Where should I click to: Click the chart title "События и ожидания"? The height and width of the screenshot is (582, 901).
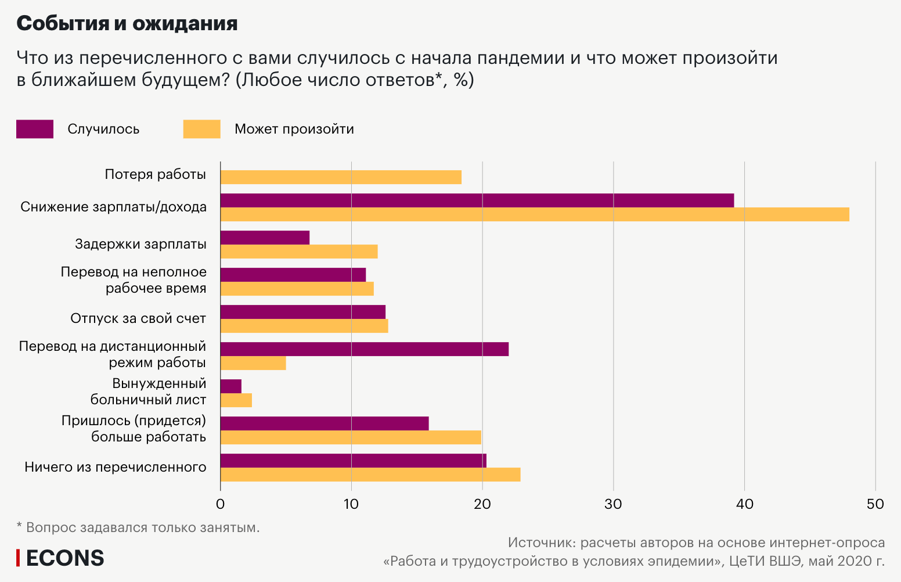pyautogui.click(x=127, y=24)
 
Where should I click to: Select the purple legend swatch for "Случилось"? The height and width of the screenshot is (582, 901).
pyautogui.click(x=35, y=129)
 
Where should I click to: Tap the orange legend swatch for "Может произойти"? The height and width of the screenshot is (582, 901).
pyautogui.click(x=201, y=129)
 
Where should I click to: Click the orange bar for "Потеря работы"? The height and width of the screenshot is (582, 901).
pyautogui.click(x=341, y=177)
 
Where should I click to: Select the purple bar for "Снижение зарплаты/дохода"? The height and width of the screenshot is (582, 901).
pyautogui.click(x=477, y=200)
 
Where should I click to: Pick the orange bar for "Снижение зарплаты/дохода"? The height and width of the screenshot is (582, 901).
pyautogui.click(x=534, y=214)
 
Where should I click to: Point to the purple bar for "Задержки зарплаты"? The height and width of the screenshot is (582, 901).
pyautogui.click(x=265, y=238)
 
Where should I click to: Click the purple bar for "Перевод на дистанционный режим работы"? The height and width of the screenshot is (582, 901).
pyautogui.click(x=364, y=349)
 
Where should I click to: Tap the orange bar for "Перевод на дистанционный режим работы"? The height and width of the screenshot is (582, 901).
pyautogui.click(x=253, y=363)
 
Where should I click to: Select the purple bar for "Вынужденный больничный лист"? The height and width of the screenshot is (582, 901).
pyautogui.click(x=231, y=386)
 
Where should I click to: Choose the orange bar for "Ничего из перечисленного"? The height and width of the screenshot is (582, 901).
pyautogui.click(x=370, y=475)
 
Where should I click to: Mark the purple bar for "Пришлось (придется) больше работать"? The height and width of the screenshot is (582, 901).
pyautogui.click(x=325, y=423)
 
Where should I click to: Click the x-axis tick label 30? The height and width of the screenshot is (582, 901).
pyautogui.click(x=613, y=504)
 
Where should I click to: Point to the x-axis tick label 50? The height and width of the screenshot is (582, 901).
pyautogui.click(x=875, y=504)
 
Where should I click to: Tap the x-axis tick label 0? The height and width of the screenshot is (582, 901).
pyautogui.click(x=220, y=504)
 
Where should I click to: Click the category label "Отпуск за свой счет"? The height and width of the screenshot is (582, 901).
pyautogui.click(x=138, y=318)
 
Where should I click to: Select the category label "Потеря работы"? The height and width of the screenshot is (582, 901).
pyautogui.click(x=155, y=174)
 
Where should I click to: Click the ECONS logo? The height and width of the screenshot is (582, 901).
pyautogui.click(x=60, y=558)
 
